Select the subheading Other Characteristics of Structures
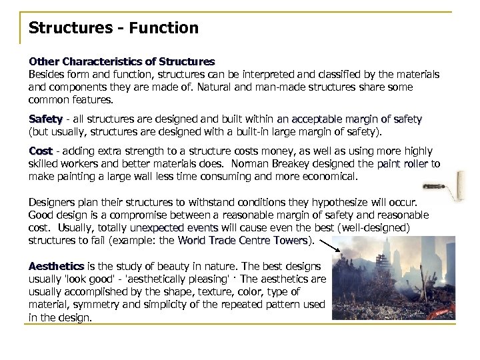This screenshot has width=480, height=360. pyautogui.click(x=121, y=62)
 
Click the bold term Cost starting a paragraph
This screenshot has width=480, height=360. pyautogui.click(x=39, y=152)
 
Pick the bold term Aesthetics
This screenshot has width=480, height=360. pyautogui.click(x=56, y=266)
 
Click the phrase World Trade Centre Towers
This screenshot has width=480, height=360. pyautogui.click(x=244, y=241)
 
